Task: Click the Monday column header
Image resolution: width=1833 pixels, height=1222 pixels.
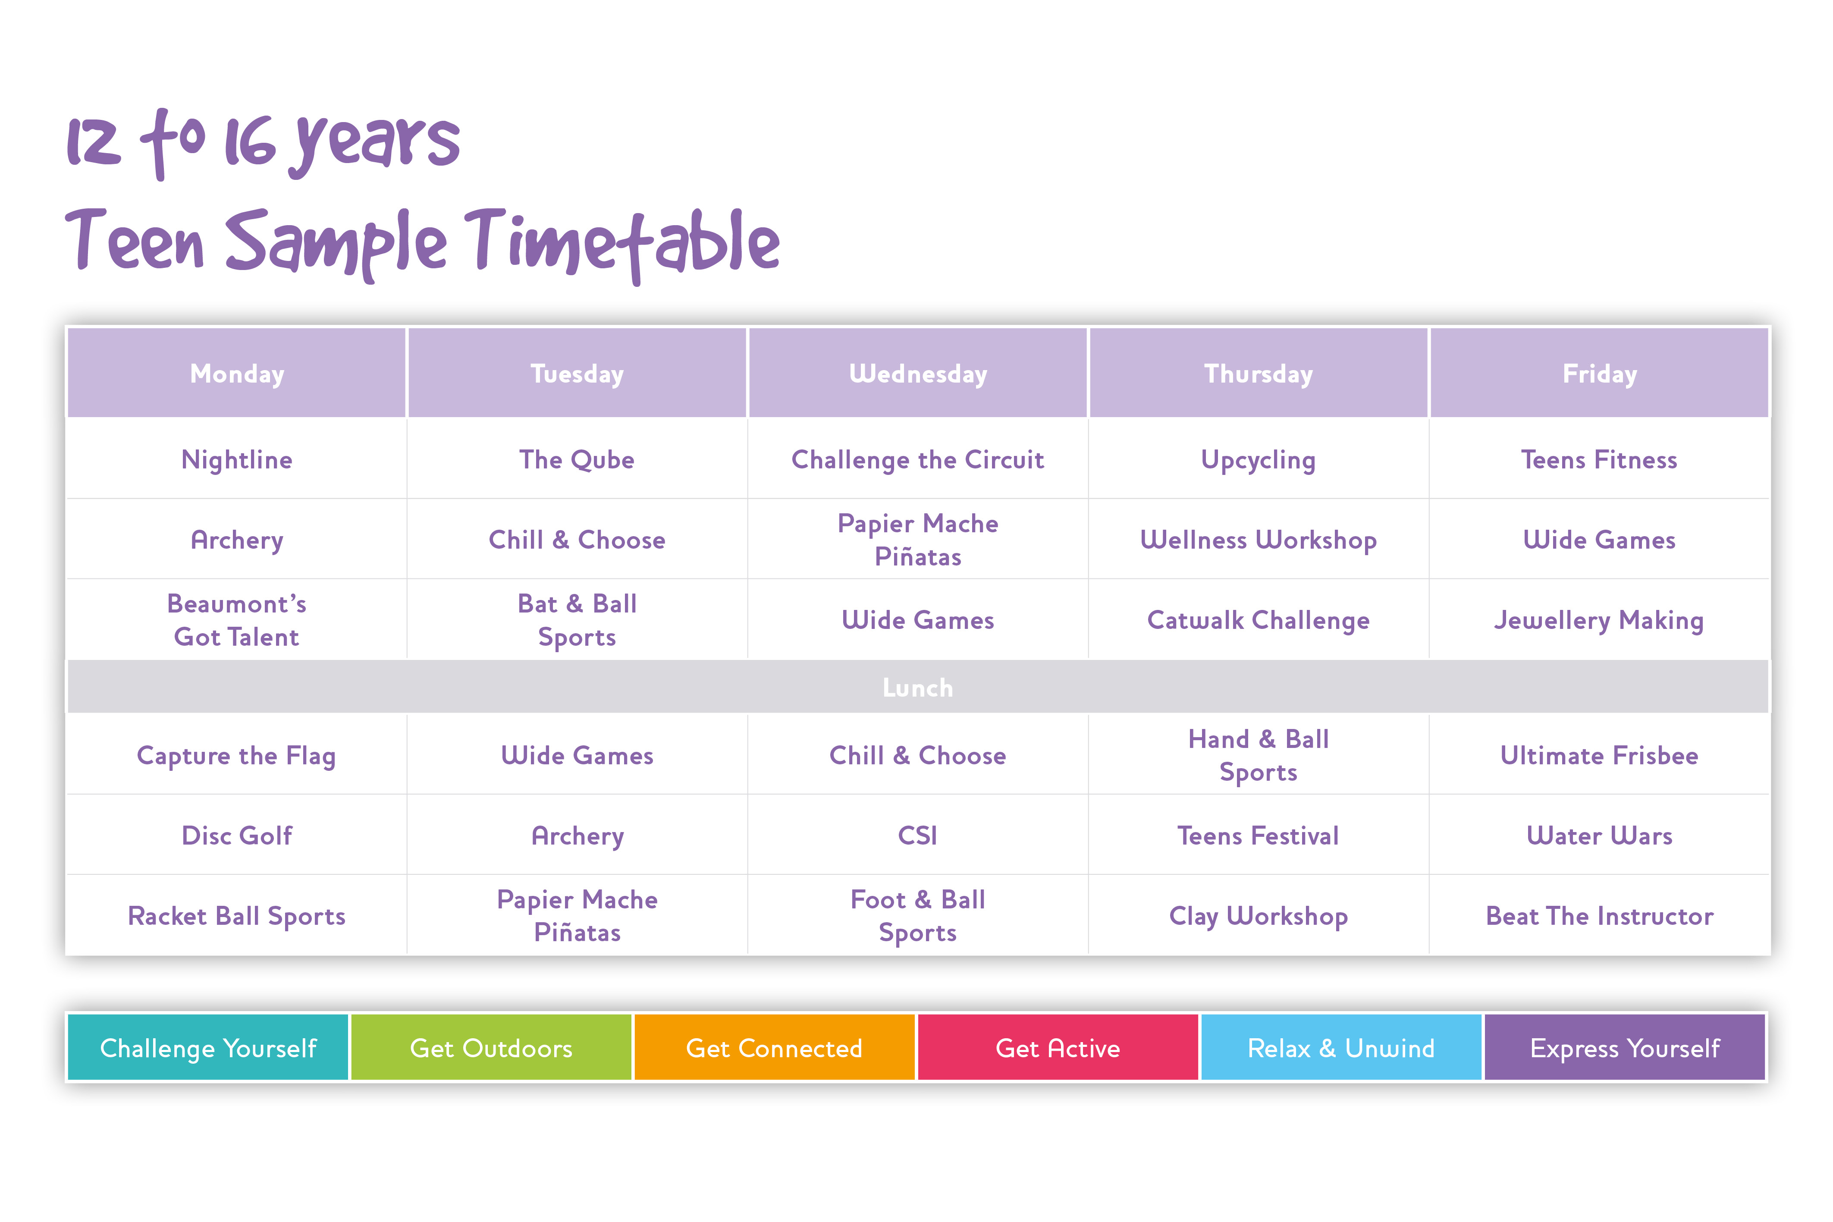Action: tap(237, 373)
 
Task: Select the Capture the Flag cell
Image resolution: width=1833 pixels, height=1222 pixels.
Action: tap(237, 755)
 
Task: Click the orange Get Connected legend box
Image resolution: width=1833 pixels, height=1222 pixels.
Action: tap(774, 1047)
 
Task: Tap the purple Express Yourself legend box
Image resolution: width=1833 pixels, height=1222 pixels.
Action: tap(1624, 1047)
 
